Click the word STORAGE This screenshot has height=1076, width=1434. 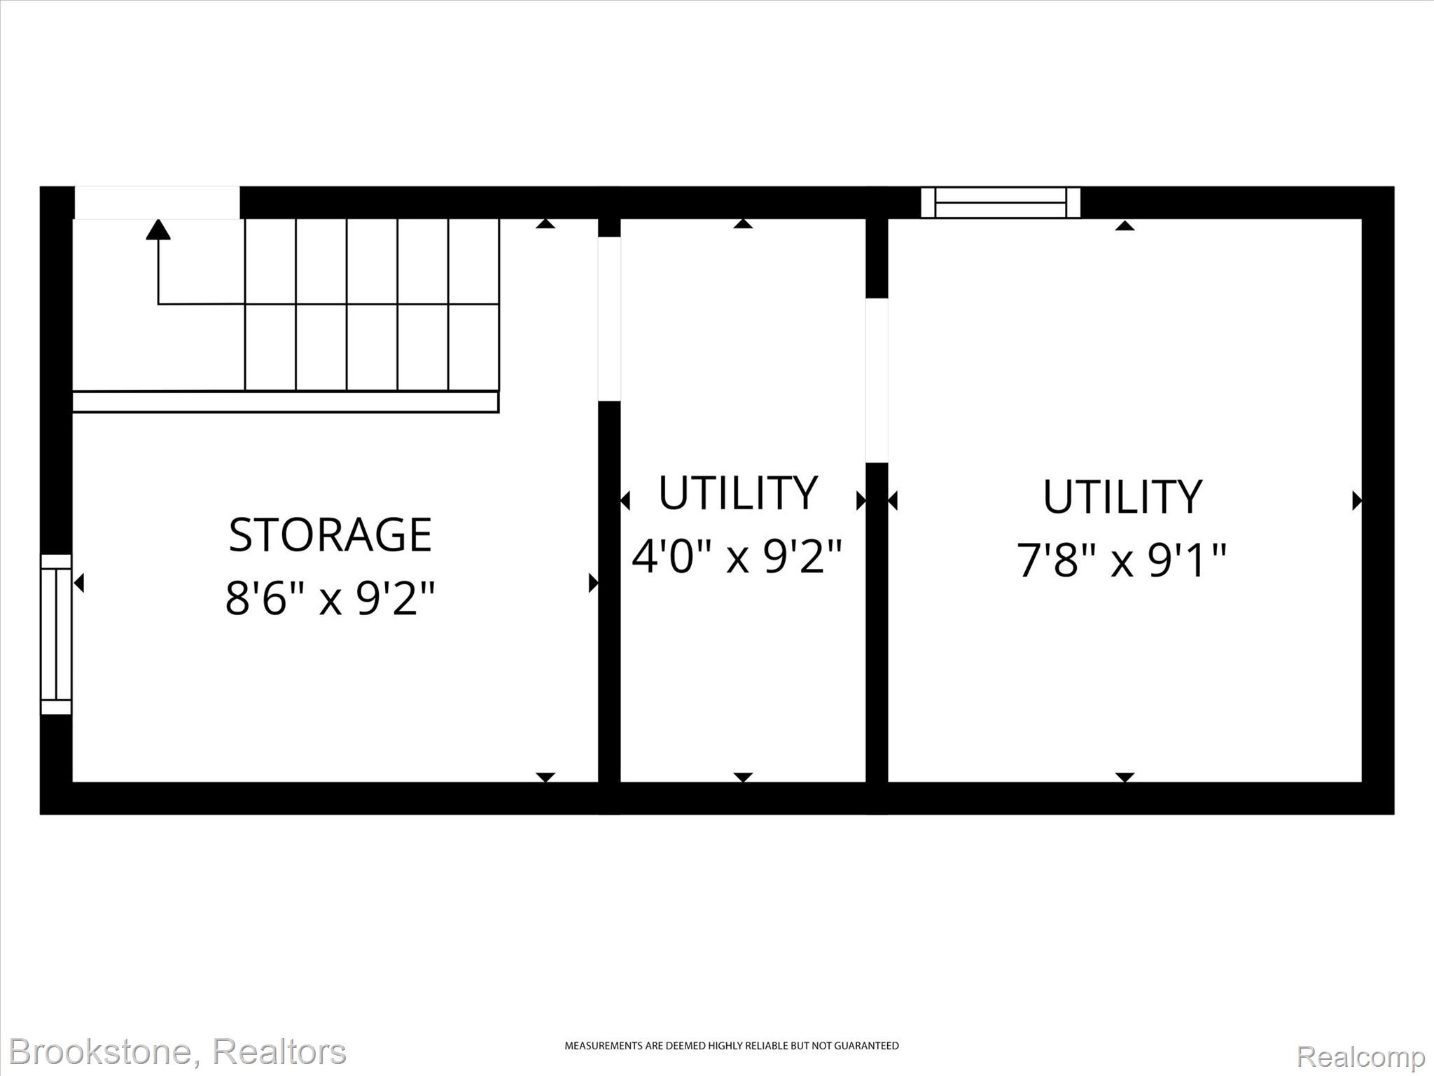(330, 535)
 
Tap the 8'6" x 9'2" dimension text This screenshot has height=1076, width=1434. (330, 597)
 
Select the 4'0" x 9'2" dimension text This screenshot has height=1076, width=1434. (737, 556)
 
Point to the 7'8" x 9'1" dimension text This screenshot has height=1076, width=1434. (1122, 560)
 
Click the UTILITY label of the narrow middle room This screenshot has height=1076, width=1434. (738, 492)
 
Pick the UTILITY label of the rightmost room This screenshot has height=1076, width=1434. (1122, 497)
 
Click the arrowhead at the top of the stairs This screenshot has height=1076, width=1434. (158, 229)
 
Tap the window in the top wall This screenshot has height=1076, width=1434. (1000, 202)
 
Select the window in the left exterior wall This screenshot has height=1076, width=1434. (56, 634)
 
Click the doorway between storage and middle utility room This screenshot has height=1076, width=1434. (609, 319)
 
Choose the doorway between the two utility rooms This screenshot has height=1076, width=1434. (877, 380)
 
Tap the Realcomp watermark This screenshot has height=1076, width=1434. (1360, 1056)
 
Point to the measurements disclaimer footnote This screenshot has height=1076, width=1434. (732, 1046)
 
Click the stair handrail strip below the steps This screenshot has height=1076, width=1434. (286, 402)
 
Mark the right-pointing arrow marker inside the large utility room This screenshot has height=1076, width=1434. (1356, 501)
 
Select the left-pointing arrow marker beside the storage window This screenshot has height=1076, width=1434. (79, 583)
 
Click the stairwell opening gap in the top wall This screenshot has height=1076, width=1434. (158, 202)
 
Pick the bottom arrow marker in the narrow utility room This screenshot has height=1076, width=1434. (743, 778)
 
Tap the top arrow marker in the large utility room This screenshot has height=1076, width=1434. (1125, 225)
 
